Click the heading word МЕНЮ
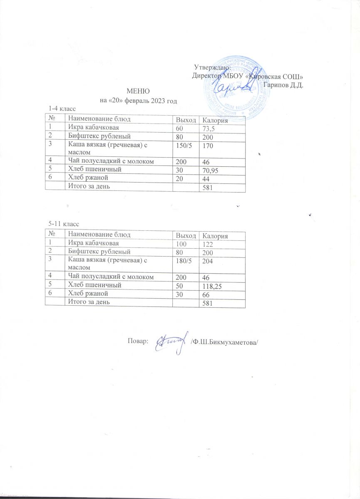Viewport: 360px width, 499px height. [x=138, y=91]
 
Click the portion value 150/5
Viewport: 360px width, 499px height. [x=182, y=144]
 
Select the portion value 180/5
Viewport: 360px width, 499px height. [x=182, y=260]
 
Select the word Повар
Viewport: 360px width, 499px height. [x=137, y=341]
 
